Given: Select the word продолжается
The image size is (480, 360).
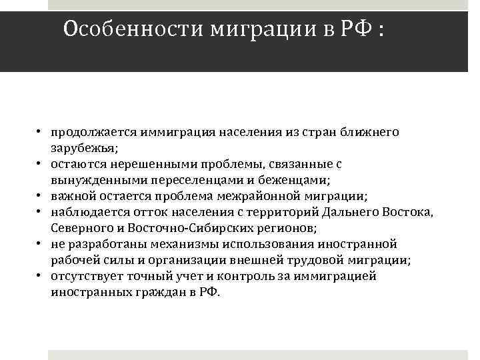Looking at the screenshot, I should click(89, 132).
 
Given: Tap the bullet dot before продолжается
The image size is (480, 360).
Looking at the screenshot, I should click(40, 132).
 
